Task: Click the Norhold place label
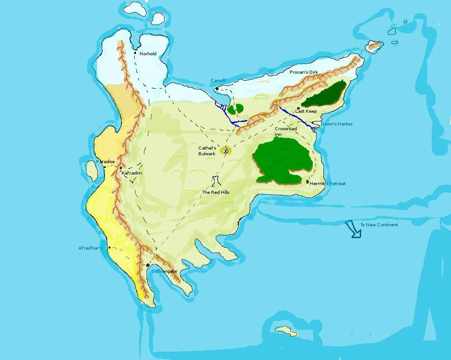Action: pos(148,54)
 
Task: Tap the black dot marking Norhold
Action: pos(135,53)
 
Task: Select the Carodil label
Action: pos(218,81)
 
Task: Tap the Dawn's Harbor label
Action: pos(336,124)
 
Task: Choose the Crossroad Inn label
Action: pos(286,131)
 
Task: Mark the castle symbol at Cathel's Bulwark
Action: pos(226,151)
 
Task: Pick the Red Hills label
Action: pos(215,192)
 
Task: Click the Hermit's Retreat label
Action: pos(328,183)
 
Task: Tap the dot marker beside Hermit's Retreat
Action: pos(308,182)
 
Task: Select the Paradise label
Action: pos(105,162)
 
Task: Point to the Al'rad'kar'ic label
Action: pos(90,248)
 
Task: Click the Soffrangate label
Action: pos(164,271)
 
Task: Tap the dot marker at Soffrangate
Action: pos(148,265)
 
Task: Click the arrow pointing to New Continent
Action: pos(353,229)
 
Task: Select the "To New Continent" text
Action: pos(379,225)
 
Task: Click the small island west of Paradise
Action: pos(92,170)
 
